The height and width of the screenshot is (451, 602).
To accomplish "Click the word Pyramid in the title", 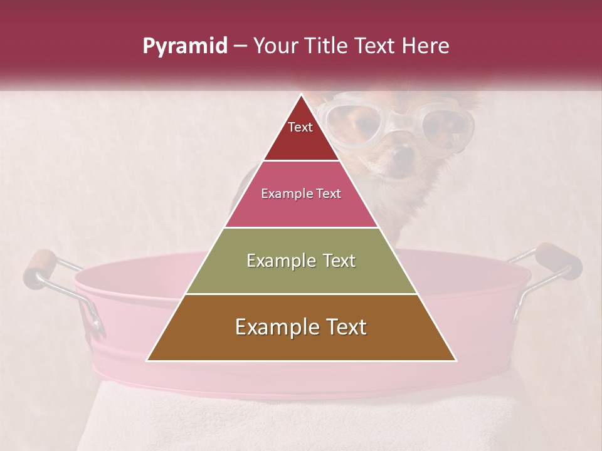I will pos(185,46).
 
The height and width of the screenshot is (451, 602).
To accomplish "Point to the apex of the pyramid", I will pos(301,95).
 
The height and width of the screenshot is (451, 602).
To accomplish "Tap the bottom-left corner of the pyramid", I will pos(147,361).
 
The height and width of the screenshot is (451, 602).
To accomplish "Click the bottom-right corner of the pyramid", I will pos(456,361).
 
